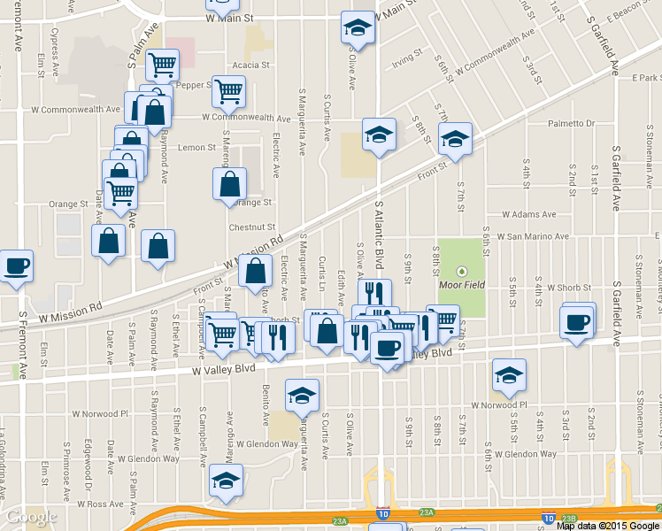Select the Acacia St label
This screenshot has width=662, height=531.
click(250, 65)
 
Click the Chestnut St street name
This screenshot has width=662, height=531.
click(253, 227)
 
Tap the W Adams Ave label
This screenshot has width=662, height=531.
click(528, 214)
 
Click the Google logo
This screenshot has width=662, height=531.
click(31, 516)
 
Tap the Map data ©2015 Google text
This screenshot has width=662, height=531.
click(607, 525)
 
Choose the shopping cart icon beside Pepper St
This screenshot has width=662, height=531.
click(228, 89)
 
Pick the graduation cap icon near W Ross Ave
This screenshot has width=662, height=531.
click(225, 480)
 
